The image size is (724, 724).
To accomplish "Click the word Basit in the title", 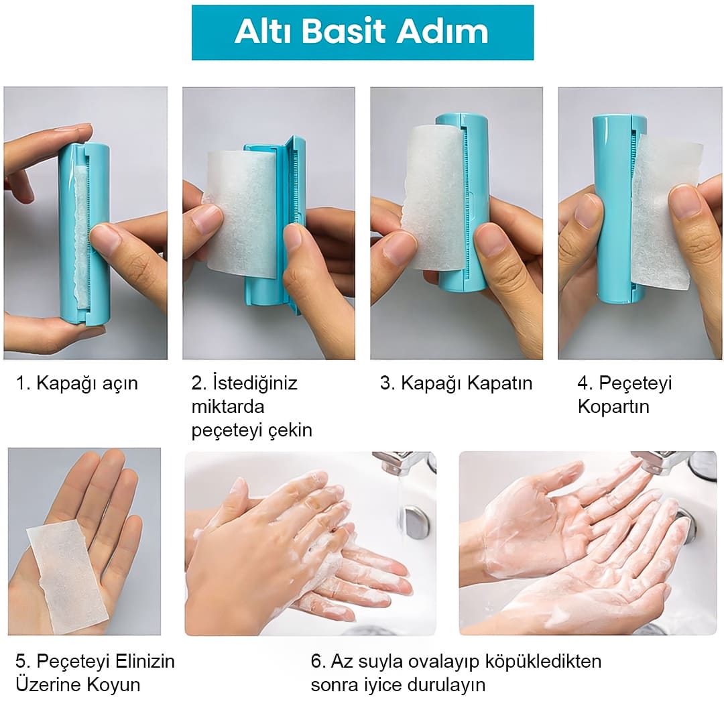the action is pos(345,32).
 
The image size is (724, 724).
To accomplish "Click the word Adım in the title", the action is pos(442,32).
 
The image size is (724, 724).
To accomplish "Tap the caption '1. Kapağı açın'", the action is pos(76,383).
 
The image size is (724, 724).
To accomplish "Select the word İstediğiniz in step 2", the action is pos(255,383).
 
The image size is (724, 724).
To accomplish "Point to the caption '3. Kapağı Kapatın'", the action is pos(456,383).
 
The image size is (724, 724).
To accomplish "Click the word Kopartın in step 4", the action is pos(613,407).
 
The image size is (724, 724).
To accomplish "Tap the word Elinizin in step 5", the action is pos(145,661).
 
